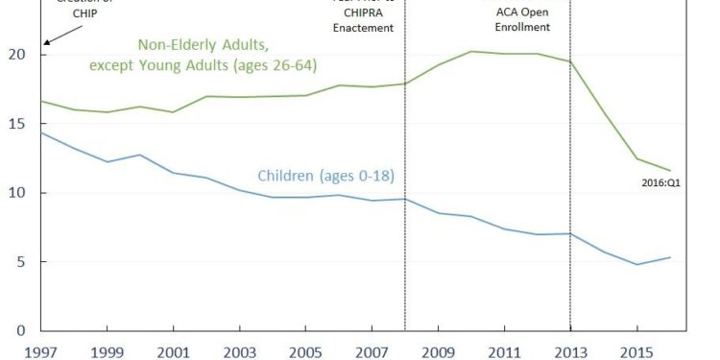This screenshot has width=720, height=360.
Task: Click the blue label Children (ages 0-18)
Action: click(x=326, y=176)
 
